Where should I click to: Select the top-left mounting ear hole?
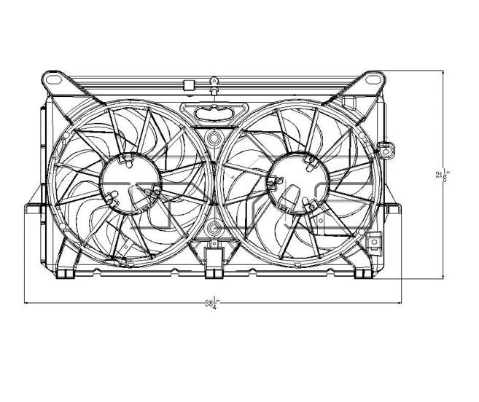tap(52, 76)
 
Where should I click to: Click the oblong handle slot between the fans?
tap(212, 111)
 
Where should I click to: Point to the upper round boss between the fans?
tap(212, 138)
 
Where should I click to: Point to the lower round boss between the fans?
tap(212, 229)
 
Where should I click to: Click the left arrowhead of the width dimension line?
tap(28, 302)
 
